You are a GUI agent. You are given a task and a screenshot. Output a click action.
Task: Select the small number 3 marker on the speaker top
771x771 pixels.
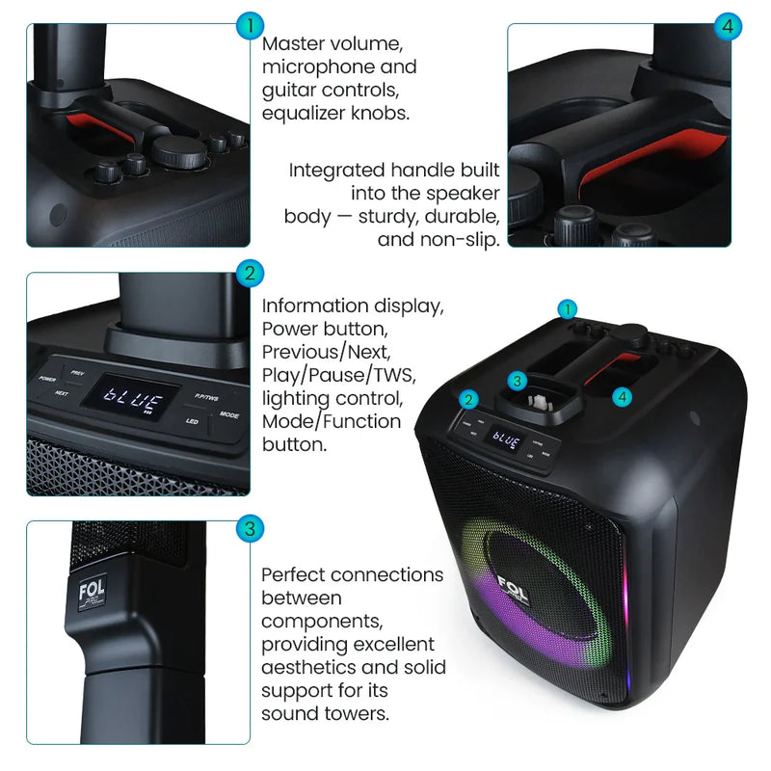click(518, 381)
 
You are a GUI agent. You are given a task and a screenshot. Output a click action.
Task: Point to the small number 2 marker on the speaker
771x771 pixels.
click(469, 399)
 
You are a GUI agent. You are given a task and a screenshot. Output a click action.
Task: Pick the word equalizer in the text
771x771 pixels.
click(309, 114)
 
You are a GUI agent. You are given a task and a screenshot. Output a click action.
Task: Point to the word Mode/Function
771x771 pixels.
click(332, 421)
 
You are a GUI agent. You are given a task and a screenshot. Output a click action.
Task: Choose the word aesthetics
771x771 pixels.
click(312, 667)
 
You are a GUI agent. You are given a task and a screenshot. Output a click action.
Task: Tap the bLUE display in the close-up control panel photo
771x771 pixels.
click(129, 395)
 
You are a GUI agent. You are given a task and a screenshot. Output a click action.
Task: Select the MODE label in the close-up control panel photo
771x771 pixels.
click(229, 415)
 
